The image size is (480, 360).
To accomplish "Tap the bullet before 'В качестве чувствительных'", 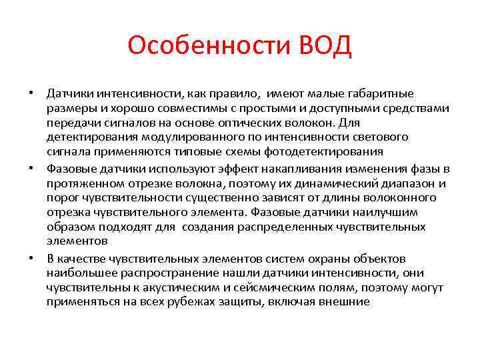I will (x=32, y=259).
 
